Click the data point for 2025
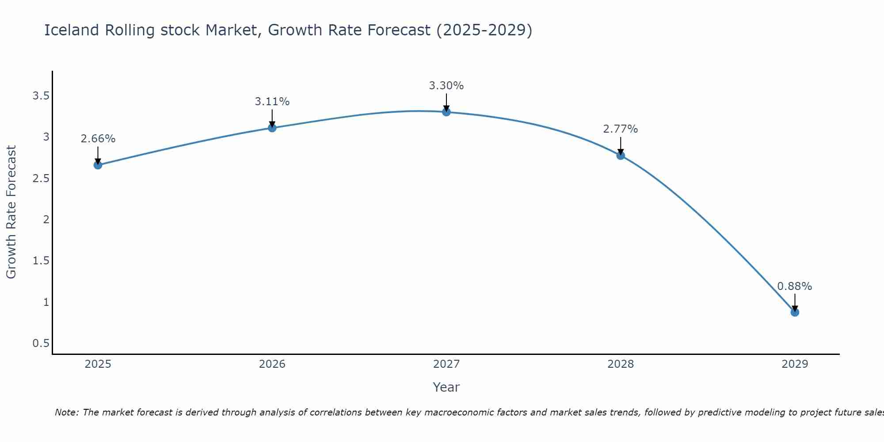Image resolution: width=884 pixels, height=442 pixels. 98,165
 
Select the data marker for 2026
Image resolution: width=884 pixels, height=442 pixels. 272,128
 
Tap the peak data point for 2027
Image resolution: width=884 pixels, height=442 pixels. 446,112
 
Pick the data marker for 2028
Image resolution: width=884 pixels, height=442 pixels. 621,155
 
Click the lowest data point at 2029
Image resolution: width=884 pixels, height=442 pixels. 795,312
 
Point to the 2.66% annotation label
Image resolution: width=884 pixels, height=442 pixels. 98,139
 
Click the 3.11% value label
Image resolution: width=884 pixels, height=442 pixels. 272,102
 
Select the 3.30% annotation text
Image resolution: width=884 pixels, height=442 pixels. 446,86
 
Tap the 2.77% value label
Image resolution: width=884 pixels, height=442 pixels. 621,129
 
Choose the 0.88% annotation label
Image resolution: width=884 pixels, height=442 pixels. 795,286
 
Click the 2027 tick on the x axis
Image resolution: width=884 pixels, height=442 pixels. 446,364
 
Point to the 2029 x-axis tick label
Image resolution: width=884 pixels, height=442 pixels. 795,364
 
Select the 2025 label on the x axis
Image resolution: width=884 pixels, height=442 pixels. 98,364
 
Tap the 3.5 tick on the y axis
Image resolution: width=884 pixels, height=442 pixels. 41,96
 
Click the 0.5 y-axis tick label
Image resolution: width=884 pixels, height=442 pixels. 41,343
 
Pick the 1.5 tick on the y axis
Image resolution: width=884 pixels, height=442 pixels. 41,261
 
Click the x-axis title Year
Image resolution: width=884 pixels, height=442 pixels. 446,387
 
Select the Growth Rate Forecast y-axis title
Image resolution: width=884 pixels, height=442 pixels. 11,212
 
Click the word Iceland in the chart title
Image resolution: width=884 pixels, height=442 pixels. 72,30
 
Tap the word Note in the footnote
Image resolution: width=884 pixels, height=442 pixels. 66,412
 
